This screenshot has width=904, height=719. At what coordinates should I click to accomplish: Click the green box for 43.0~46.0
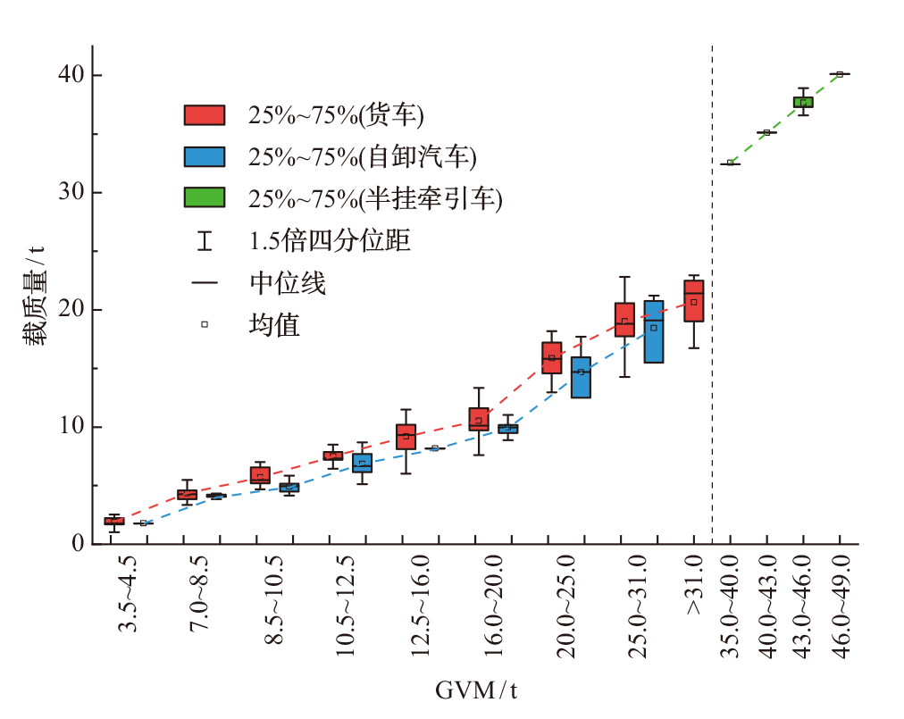click(x=803, y=102)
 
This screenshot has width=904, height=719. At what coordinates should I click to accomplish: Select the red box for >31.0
click(x=693, y=301)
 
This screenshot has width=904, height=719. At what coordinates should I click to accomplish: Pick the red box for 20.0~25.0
click(x=552, y=357)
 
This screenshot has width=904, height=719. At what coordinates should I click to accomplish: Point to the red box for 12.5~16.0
click(x=406, y=437)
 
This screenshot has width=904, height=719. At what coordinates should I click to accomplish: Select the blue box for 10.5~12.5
click(x=362, y=463)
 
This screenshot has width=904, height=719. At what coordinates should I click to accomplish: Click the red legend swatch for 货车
click(x=205, y=114)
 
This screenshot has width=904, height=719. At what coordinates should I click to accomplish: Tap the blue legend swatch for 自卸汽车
click(x=205, y=156)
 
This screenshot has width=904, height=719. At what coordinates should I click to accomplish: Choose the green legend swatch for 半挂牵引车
click(x=205, y=197)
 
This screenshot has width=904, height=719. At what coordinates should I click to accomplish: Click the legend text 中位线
click(x=288, y=283)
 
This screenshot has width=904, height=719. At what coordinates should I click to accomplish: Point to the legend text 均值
click(x=274, y=324)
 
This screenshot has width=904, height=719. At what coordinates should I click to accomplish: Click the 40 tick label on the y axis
click(x=70, y=76)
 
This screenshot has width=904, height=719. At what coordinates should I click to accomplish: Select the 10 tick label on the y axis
click(x=70, y=427)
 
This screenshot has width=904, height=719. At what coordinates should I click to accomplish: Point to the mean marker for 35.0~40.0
click(x=730, y=163)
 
